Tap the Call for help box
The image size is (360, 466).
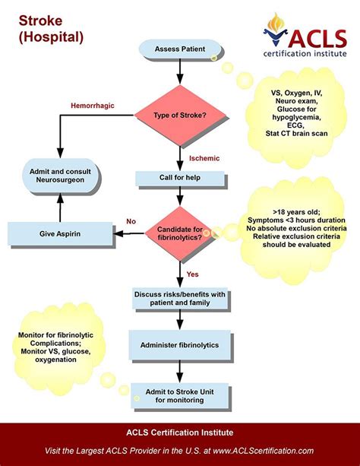click(180, 179)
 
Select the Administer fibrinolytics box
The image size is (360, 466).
click(180, 345)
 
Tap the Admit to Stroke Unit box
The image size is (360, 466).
click(179, 395)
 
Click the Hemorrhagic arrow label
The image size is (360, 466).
click(93, 105)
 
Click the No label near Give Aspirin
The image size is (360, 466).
click(131, 220)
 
